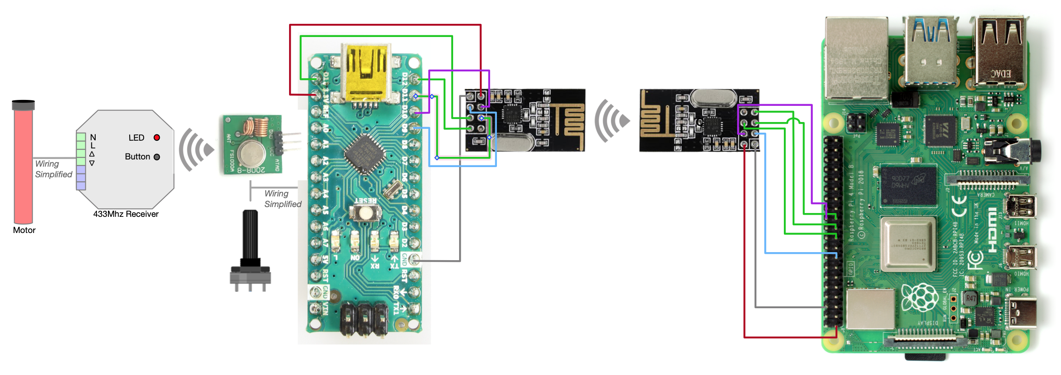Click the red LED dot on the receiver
point(157,137)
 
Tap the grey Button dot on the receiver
point(157,157)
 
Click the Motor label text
point(24,230)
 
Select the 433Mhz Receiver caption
point(126,214)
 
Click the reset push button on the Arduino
point(365,212)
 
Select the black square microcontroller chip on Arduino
point(365,154)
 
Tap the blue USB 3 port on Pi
point(931,53)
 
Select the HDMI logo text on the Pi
point(992,230)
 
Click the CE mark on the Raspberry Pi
point(960,207)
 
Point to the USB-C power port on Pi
point(1022,312)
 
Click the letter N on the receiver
point(93,137)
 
